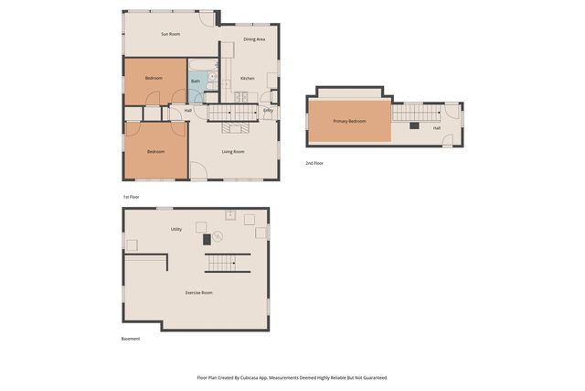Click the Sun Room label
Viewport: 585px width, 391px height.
click(x=170, y=34)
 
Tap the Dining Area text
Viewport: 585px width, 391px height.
click(x=254, y=39)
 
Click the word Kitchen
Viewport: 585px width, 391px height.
click(x=247, y=79)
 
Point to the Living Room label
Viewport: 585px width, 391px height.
click(x=233, y=152)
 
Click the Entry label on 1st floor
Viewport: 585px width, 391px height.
click(x=268, y=111)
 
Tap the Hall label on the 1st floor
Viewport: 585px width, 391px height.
click(x=188, y=111)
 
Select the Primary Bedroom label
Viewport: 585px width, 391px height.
click(x=349, y=121)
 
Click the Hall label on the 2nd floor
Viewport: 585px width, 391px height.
click(x=437, y=128)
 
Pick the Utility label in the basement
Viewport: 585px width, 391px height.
click(x=175, y=229)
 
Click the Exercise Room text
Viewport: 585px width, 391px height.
click(x=199, y=292)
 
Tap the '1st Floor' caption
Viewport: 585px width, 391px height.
click(x=132, y=197)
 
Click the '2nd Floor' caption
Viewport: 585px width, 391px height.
click(x=314, y=163)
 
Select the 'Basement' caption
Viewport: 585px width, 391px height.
click(x=131, y=339)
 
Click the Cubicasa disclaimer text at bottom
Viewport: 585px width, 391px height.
click(x=292, y=377)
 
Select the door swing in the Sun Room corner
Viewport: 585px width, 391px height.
click(x=207, y=17)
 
